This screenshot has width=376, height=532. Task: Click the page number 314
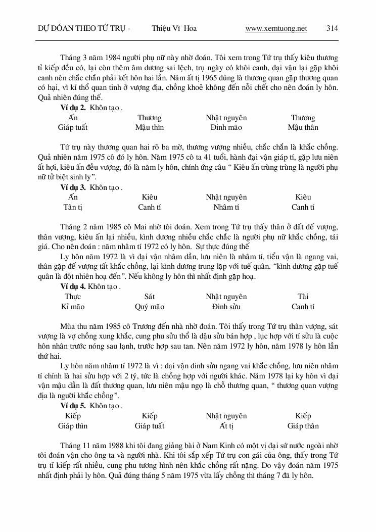pyautogui.click(x=332, y=29)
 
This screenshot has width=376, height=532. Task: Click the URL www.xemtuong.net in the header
pyautogui.click(x=276, y=29)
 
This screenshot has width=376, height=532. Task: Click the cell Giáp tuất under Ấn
pyautogui.click(x=73, y=127)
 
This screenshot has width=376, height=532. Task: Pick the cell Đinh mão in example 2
pyautogui.click(x=226, y=127)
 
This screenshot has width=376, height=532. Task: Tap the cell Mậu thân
pyautogui.click(x=303, y=127)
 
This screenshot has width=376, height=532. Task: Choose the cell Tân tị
pyautogui.click(x=73, y=207)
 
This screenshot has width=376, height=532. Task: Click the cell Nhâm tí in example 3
pyautogui.click(x=226, y=207)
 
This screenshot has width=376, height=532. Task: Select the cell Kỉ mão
pyautogui.click(x=73, y=307)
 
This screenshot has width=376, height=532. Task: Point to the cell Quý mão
pyautogui.click(x=150, y=307)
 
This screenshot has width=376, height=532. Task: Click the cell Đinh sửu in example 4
pyautogui.click(x=226, y=307)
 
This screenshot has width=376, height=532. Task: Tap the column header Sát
pyautogui.click(x=150, y=297)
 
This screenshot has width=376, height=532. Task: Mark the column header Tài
pyautogui.click(x=303, y=297)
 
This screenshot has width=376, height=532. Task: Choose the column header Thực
pyautogui.click(x=73, y=297)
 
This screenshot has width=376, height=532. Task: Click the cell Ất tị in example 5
pyautogui.click(x=226, y=426)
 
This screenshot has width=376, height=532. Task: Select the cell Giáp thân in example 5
pyautogui.click(x=303, y=426)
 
